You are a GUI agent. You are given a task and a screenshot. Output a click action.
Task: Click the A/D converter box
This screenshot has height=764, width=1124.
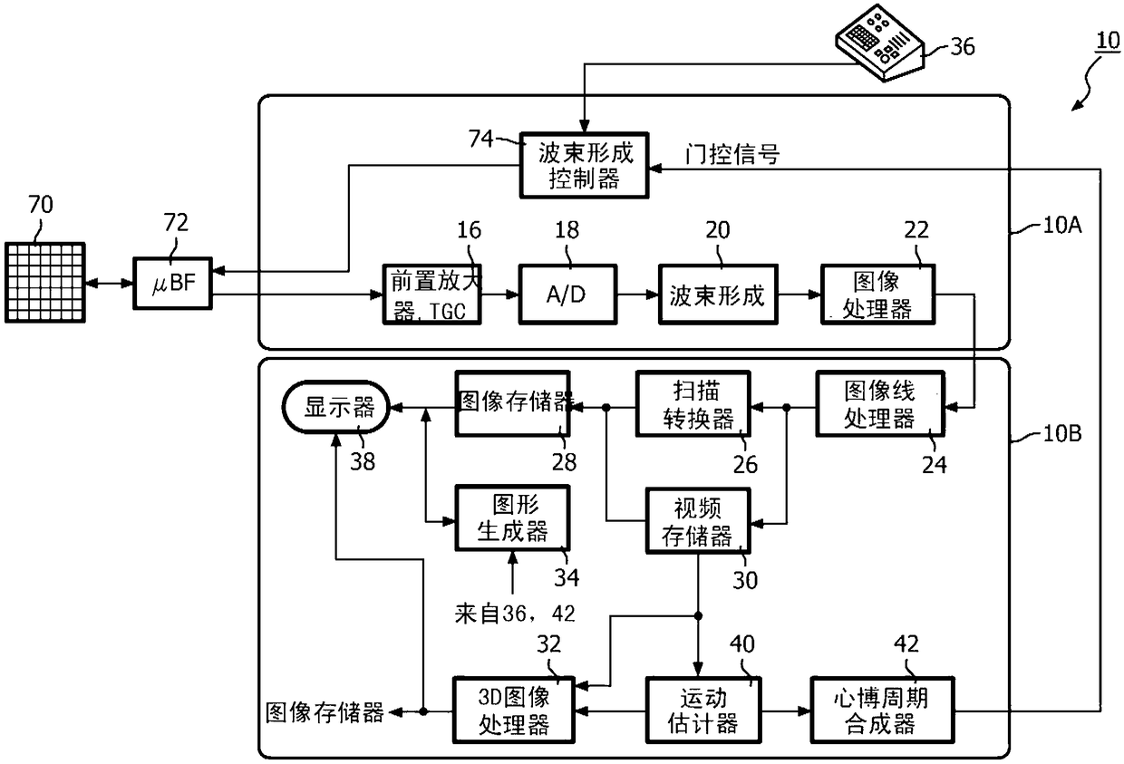coord(567,295)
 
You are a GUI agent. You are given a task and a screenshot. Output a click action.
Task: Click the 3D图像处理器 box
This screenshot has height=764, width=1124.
coord(514,711)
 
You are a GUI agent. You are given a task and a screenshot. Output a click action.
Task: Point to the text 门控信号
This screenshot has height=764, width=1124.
coord(735,155)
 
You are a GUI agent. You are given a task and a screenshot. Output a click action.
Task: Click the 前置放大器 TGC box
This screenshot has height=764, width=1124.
coord(431,295)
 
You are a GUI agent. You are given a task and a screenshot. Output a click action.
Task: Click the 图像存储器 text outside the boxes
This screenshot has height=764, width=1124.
coord(324,713)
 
